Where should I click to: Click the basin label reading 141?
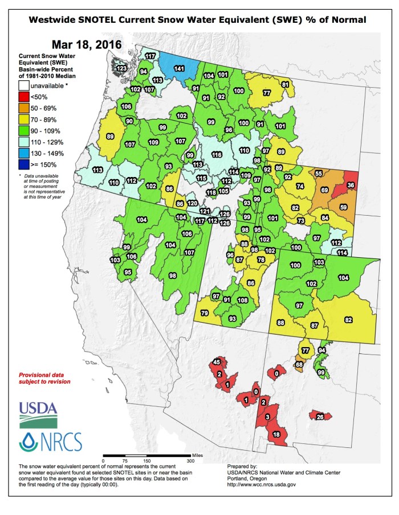179,68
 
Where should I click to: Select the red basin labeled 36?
351,184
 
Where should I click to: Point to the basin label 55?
319,173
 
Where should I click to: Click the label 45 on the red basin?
216,362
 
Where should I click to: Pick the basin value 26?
320,417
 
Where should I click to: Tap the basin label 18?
276,434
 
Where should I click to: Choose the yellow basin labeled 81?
286,85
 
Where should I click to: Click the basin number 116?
217,154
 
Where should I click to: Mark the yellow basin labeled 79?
205,314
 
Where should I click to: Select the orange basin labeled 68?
299,364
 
